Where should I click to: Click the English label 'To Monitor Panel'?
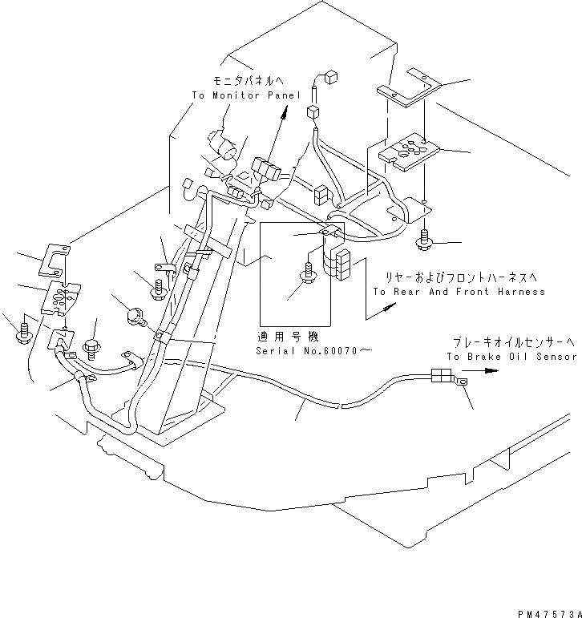point(246,95)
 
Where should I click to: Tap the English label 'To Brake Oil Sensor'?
point(512,356)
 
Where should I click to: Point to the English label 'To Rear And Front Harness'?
point(459,292)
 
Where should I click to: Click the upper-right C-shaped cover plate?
point(410,87)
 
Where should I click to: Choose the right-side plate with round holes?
point(410,150)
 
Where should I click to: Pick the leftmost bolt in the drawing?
point(24,331)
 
